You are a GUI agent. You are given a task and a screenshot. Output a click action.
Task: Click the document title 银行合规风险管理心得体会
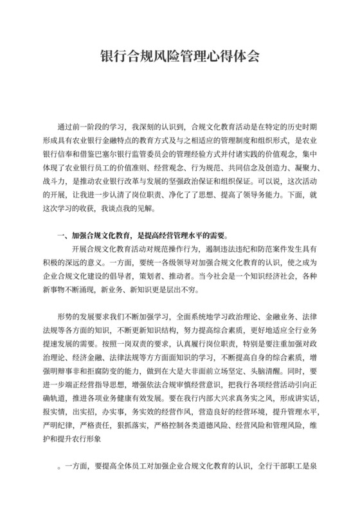coord(180,56)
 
